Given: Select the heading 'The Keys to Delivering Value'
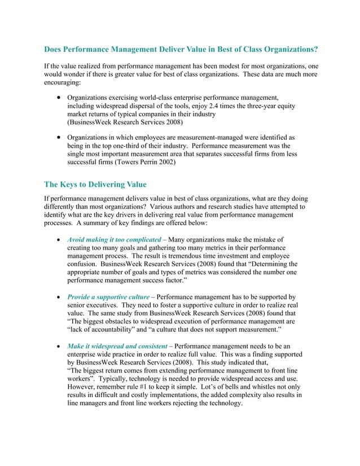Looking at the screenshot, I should pyautogui.click(x=95, y=184).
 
